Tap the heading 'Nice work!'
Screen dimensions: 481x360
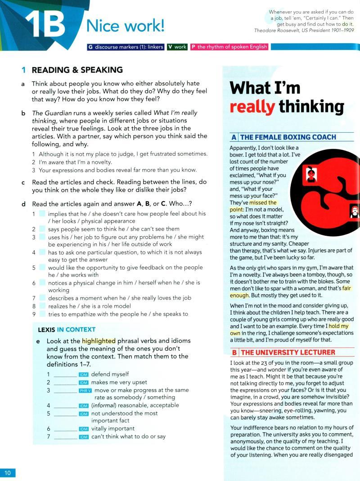coord(126,27)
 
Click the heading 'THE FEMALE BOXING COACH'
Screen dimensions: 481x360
coord(288,137)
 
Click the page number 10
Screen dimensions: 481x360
coord(8,472)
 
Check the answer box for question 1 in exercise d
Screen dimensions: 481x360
coord(42,214)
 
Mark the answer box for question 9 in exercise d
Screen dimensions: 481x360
coord(42,314)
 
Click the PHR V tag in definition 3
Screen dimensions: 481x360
coord(85,391)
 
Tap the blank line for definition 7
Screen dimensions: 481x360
coord(65,437)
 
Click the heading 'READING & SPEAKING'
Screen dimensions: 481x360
coord(77,70)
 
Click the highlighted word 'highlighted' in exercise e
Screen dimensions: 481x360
coord(99,341)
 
